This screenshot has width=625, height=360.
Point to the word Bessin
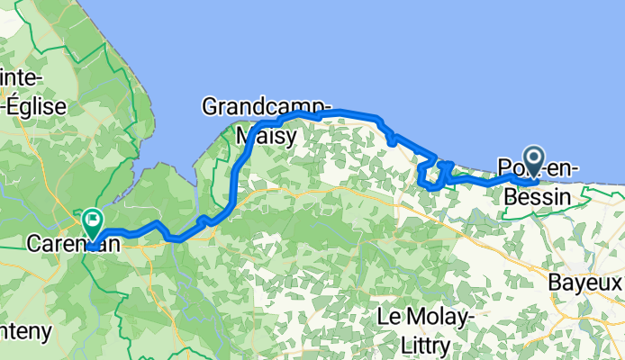539,194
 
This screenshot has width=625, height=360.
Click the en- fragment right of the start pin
562,168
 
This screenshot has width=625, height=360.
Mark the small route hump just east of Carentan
157,224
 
